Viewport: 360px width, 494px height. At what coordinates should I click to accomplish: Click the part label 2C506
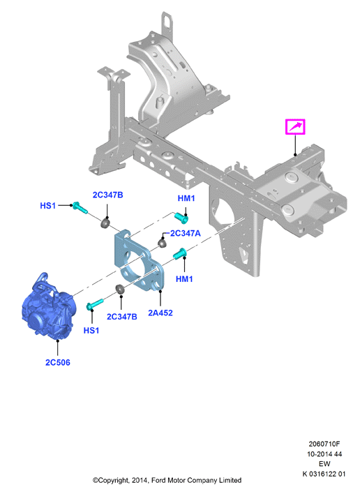click(x=58, y=362)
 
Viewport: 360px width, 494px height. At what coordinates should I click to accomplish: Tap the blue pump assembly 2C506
click(x=49, y=308)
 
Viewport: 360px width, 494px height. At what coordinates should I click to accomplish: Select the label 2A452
click(x=160, y=313)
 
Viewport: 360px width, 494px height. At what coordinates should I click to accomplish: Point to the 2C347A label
click(x=185, y=233)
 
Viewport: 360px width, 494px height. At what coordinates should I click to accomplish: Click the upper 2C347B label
click(x=107, y=195)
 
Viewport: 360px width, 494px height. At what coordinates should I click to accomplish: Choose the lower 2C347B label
click(x=122, y=317)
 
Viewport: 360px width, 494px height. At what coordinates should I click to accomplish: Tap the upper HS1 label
click(x=48, y=206)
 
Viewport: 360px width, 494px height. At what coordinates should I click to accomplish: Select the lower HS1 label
click(x=91, y=330)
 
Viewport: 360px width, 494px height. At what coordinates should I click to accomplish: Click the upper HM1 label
click(x=186, y=198)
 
